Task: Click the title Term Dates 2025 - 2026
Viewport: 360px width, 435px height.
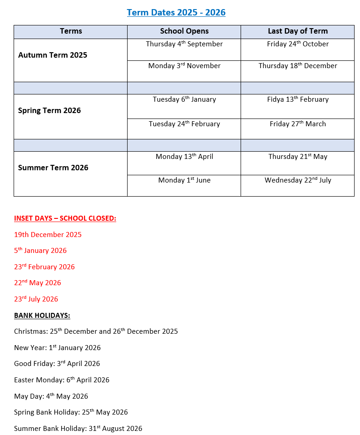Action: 176,12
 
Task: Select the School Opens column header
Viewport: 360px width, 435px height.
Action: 184,31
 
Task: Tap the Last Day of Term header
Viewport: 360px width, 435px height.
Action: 297,31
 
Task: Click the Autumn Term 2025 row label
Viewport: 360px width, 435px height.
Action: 53,55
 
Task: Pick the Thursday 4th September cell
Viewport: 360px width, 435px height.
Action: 184,44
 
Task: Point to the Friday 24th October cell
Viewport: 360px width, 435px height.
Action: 298,44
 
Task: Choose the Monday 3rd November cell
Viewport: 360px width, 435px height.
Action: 184,66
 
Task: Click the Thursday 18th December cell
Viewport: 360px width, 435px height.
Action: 298,66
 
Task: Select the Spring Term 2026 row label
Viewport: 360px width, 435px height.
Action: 49,110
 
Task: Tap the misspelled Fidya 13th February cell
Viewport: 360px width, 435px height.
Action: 298,99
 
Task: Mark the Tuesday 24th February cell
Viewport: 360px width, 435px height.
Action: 184,124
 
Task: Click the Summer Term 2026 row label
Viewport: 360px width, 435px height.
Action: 53,168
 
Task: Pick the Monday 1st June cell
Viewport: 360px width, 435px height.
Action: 184,180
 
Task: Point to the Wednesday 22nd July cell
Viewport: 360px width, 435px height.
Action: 298,180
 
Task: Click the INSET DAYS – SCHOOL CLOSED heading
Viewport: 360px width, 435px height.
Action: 65,218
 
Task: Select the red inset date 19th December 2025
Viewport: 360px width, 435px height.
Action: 48,235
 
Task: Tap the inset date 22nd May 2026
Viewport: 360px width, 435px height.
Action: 37,283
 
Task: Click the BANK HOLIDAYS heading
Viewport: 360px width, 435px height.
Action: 42,315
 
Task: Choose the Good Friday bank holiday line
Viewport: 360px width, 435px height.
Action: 57,364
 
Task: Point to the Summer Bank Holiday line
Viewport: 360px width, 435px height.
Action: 78,429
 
